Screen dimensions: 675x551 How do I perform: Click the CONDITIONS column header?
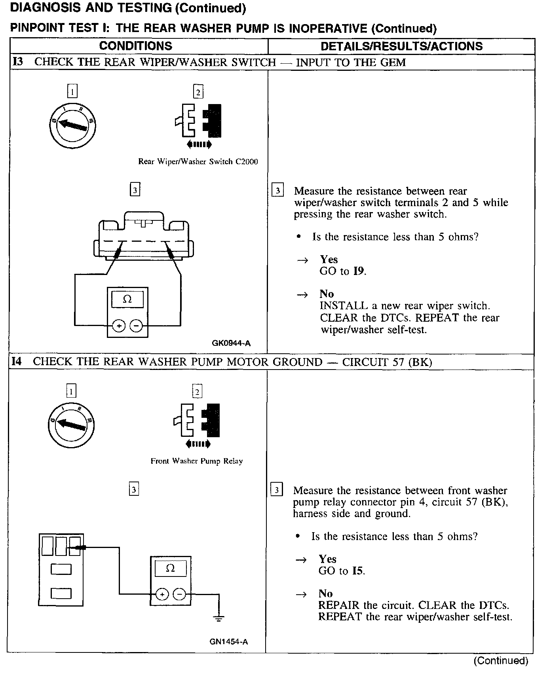pos(136,46)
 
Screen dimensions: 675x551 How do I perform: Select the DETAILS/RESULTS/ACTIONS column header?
pos(401,46)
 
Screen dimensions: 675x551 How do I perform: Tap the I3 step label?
pos(18,62)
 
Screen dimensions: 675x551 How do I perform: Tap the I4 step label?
pos(17,362)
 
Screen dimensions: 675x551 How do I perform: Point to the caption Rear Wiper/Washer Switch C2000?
pos(198,161)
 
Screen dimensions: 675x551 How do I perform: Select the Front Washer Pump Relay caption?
pos(197,461)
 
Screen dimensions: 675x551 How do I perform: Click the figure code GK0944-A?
pos(231,343)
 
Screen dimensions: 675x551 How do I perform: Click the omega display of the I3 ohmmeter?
pos(127,299)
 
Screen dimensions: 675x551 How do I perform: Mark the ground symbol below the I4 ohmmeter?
pos(218,617)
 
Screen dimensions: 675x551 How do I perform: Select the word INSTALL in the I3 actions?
pos(344,306)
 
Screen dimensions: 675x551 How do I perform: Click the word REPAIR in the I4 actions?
pos(339,605)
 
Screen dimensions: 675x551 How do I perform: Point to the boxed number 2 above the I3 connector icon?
pos(198,92)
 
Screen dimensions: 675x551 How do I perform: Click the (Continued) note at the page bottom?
pos(501,660)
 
